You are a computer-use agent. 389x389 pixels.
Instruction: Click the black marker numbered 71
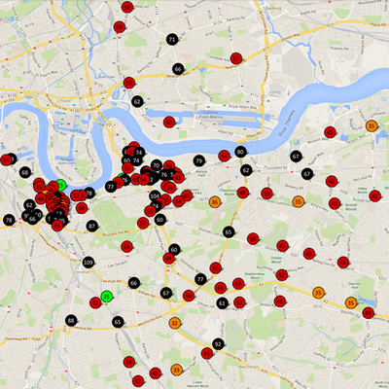pos(172,39)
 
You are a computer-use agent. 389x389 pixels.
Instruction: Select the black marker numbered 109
pos(88,263)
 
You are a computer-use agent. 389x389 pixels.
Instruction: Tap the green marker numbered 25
pos(107,296)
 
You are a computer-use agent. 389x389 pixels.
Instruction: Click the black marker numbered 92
pos(218,344)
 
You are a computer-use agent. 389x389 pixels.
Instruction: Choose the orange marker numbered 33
pos(176,370)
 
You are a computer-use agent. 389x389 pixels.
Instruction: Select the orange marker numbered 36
pos(214,201)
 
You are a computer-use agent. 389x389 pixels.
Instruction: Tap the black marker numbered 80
pos(240,152)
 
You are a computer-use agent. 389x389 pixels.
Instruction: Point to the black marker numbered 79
pos(198,160)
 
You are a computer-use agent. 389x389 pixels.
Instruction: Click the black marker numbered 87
pos(92,226)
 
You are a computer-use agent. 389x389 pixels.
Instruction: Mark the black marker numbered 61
pos(223,303)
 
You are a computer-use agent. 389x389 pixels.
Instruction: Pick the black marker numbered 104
pos(155,195)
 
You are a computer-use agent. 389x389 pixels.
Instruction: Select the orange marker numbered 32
pos(175,322)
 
